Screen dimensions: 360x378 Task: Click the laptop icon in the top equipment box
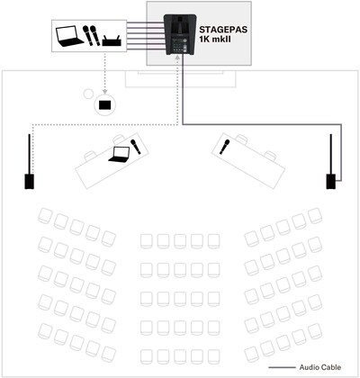pyautogui.click(x=69, y=36)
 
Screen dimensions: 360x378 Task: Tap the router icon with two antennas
pyautogui.click(x=112, y=40)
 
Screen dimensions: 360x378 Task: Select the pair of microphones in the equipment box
pyautogui.click(x=91, y=36)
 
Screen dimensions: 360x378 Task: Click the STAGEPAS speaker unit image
pyautogui.click(x=180, y=34)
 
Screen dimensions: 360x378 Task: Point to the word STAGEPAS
pyautogui.click(x=223, y=30)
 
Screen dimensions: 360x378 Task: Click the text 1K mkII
pyautogui.click(x=215, y=39)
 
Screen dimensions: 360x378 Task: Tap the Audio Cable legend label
pyautogui.click(x=320, y=367)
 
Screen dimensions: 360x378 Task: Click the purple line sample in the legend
pyautogui.click(x=282, y=367)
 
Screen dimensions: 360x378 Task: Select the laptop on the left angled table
pyautogui.click(x=119, y=155)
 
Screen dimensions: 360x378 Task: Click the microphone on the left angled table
pyautogui.click(x=135, y=147)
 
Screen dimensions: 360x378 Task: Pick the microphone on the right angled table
pyautogui.click(x=224, y=147)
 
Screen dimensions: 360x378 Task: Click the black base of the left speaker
pyautogui.click(x=29, y=182)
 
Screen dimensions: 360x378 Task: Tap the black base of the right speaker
pyautogui.click(x=331, y=182)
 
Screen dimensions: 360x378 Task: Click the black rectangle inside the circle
pyautogui.click(x=104, y=104)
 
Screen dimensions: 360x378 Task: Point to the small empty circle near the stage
pyautogui.click(x=88, y=94)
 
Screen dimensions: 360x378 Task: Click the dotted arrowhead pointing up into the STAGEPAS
pyautogui.click(x=177, y=58)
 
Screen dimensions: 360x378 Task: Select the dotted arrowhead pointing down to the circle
pyautogui.click(x=104, y=91)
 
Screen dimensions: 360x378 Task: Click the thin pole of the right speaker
pyautogui.click(x=331, y=154)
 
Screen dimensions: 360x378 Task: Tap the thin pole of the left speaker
pyautogui.click(x=29, y=154)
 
